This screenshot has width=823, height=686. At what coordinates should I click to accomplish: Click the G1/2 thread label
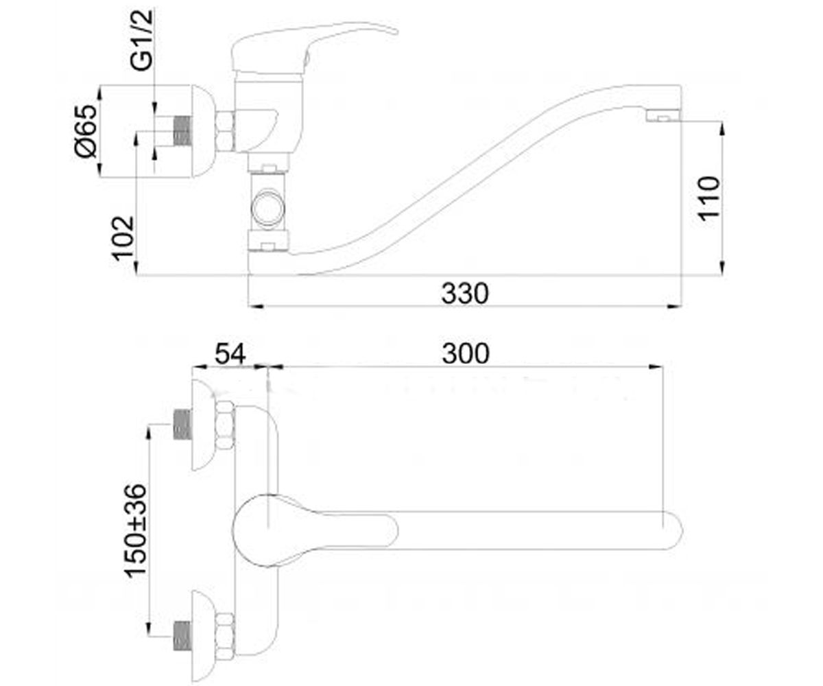[142, 40]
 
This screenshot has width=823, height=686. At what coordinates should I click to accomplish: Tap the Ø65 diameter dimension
[86, 131]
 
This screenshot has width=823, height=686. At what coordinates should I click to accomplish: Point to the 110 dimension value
[708, 199]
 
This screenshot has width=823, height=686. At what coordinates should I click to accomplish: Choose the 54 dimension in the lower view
[230, 354]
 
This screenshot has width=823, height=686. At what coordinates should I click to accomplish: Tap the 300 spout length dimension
[466, 354]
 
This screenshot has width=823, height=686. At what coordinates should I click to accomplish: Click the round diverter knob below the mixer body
[268, 209]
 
